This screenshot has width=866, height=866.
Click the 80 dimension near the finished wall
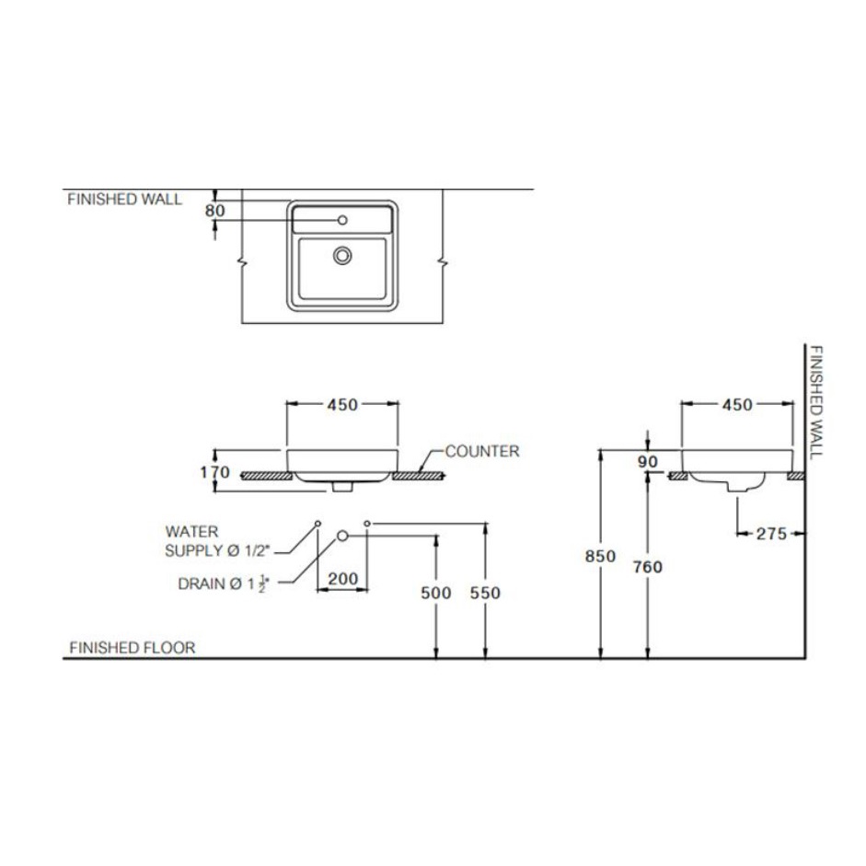[x=214, y=211]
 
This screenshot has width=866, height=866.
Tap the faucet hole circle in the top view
[x=342, y=220]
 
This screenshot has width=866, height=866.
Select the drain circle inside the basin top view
[x=342, y=255]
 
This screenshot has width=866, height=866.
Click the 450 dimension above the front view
[x=342, y=405]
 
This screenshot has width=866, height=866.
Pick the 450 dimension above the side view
[x=737, y=405]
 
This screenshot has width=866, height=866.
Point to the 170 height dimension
[x=214, y=472]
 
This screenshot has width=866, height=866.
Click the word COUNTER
[x=482, y=451]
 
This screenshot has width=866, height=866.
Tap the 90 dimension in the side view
[x=647, y=462]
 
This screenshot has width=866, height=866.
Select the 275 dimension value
[x=771, y=534]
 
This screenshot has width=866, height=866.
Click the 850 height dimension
[x=600, y=556]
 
